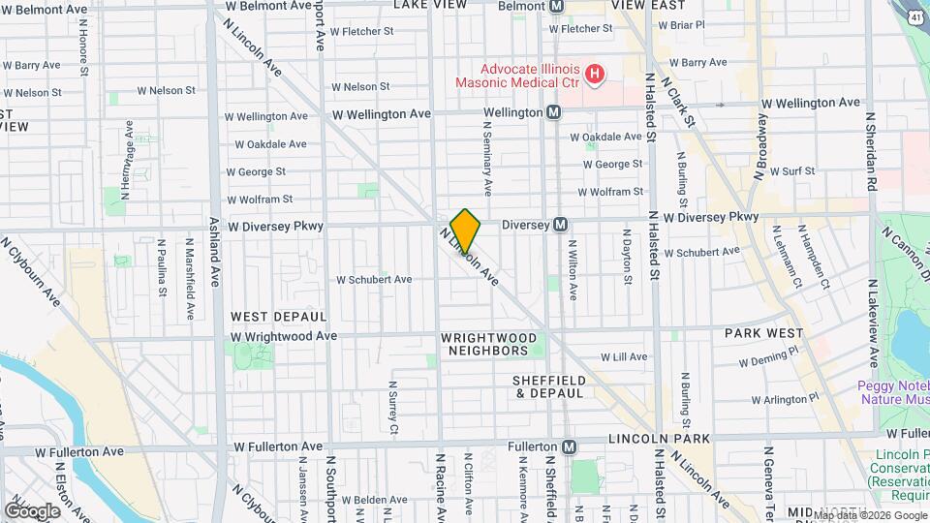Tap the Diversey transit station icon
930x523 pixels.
pyautogui.click(x=560, y=225)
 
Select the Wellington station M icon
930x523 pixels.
pyautogui.click(x=554, y=112)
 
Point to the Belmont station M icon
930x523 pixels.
pyautogui.click(x=556, y=6)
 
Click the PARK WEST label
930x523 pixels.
pyautogui.click(x=759, y=333)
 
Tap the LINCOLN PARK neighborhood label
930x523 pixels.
pyautogui.click(x=660, y=439)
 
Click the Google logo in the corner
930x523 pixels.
pyautogui.click(x=32, y=510)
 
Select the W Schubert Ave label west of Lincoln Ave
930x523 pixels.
pyautogui.click(x=374, y=280)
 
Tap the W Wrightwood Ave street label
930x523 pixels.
pyautogui.click(x=284, y=336)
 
